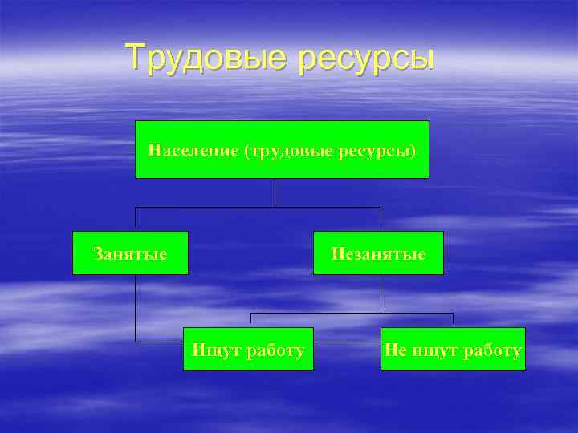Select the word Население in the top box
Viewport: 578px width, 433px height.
pos(183,150)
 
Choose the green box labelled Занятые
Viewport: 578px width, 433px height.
pos(130,253)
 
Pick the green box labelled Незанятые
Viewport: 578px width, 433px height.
pos(377,253)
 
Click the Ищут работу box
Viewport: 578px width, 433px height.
pos(248,350)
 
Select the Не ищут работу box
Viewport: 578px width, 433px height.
pos(453,350)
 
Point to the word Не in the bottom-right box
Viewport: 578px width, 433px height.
pos(395,350)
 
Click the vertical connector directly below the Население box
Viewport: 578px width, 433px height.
pos(275,192)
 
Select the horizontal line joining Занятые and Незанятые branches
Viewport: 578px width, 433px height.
pos(257,207)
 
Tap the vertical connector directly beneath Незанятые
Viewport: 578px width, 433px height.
pos(381,293)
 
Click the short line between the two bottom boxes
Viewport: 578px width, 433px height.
pos(347,342)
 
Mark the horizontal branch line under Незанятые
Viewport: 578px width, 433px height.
pos(353,313)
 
